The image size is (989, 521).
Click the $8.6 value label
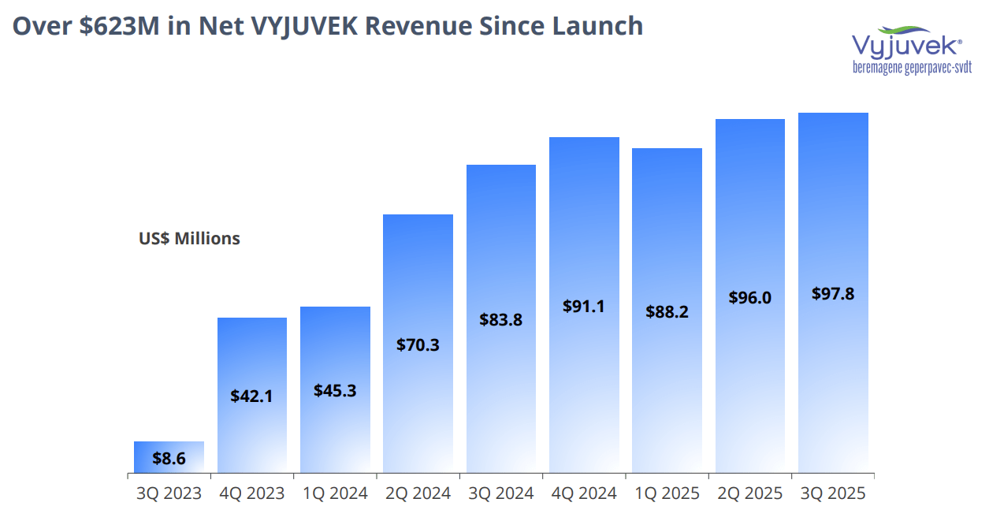(169, 458)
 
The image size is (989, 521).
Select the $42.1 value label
(251, 396)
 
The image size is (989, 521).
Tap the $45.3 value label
(335, 390)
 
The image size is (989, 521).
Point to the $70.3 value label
(418, 344)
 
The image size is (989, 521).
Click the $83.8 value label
(500, 320)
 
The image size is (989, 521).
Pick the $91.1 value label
(584, 306)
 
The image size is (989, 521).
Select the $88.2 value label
(667, 312)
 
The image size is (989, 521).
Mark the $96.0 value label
(749, 297)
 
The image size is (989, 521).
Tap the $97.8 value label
(833, 293)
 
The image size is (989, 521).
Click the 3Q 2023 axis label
(169, 493)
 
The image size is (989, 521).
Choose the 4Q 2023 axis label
(251, 493)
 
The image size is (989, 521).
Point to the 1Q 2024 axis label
(335, 493)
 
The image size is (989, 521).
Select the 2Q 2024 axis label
(418, 493)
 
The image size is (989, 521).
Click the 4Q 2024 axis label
(584, 493)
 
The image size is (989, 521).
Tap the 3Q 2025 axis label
(833, 493)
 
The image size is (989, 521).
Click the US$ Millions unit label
(189, 238)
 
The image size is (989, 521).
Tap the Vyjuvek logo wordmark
(906, 44)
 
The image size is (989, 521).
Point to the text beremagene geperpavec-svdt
(912, 68)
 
